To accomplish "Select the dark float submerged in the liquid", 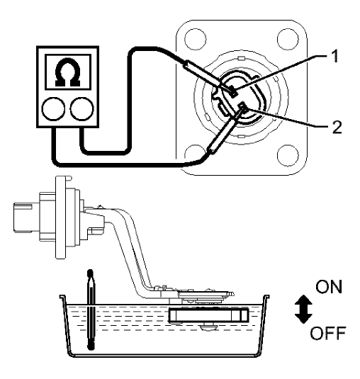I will point(209,315).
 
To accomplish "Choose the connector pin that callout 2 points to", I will point(242,107).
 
